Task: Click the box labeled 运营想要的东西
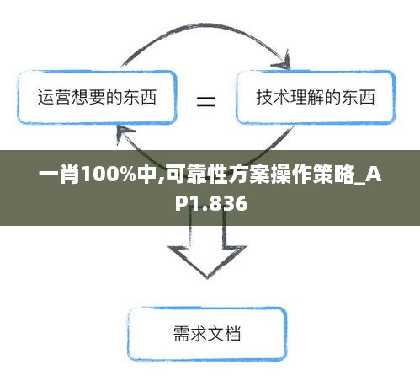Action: coord(97,97)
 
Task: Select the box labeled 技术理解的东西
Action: coord(316,97)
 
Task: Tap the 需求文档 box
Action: coord(207,334)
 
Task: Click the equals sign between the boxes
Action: coord(206,101)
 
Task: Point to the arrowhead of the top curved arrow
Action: coord(284,61)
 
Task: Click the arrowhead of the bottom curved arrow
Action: coord(124,133)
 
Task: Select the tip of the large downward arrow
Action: coord(207,278)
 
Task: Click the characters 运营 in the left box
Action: coord(55,97)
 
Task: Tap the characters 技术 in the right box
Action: coord(273,97)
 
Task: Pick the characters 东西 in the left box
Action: coord(140,97)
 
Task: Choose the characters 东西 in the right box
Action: coord(359,97)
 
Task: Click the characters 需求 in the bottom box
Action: coord(190,334)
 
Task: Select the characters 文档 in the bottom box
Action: coord(224,334)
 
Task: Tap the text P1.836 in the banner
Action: coord(211,202)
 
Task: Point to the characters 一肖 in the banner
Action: coord(59,175)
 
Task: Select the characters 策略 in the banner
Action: coord(333,175)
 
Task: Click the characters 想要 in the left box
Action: coord(88,97)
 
